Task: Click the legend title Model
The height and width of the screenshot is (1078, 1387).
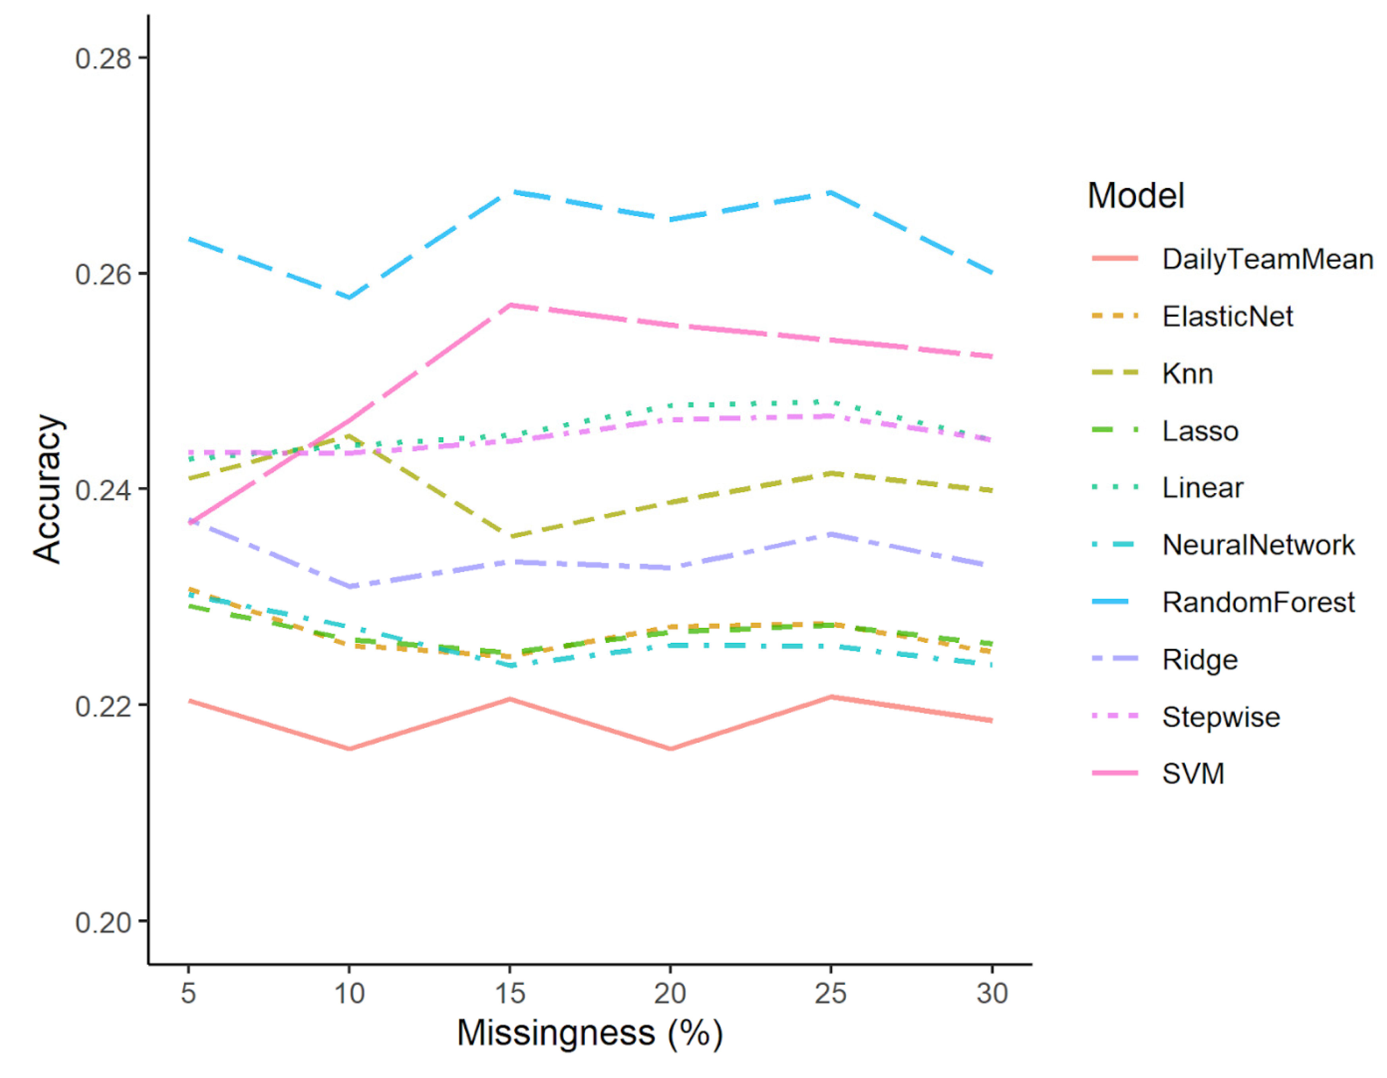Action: [1136, 195]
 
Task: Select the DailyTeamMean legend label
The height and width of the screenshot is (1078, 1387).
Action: [1267, 259]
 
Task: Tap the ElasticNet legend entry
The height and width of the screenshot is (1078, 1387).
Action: [1227, 316]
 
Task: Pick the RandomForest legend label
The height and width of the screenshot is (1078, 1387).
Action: [1258, 602]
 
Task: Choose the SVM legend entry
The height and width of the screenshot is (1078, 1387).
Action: [1193, 774]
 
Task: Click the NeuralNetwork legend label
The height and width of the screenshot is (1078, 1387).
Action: [1258, 545]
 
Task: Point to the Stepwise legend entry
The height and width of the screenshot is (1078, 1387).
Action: [1221, 716]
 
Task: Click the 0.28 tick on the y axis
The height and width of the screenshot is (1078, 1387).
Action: [103, 58]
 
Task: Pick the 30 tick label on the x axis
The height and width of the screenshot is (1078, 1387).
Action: [992, 993]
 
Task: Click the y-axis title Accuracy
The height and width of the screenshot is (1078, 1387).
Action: [48, 489]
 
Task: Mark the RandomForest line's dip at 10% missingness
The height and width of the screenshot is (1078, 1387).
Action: [349, 297]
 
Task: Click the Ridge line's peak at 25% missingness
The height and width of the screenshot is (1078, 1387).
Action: [831, 534]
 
